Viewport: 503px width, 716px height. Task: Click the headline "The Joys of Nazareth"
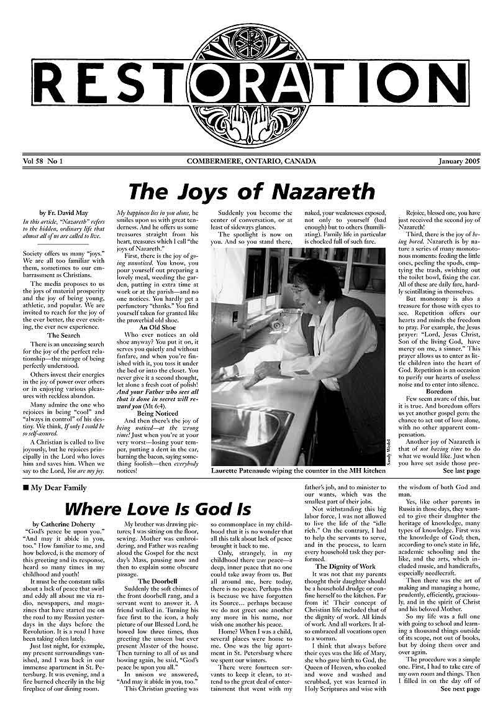(251, 191)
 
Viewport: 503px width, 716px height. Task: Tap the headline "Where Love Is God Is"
(158, 509)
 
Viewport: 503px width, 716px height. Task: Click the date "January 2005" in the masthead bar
(456, 162)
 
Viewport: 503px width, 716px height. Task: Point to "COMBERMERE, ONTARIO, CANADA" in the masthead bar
(251, 162)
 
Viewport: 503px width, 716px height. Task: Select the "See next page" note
(460, 706)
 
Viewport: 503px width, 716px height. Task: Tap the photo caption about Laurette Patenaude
(299, 471)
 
